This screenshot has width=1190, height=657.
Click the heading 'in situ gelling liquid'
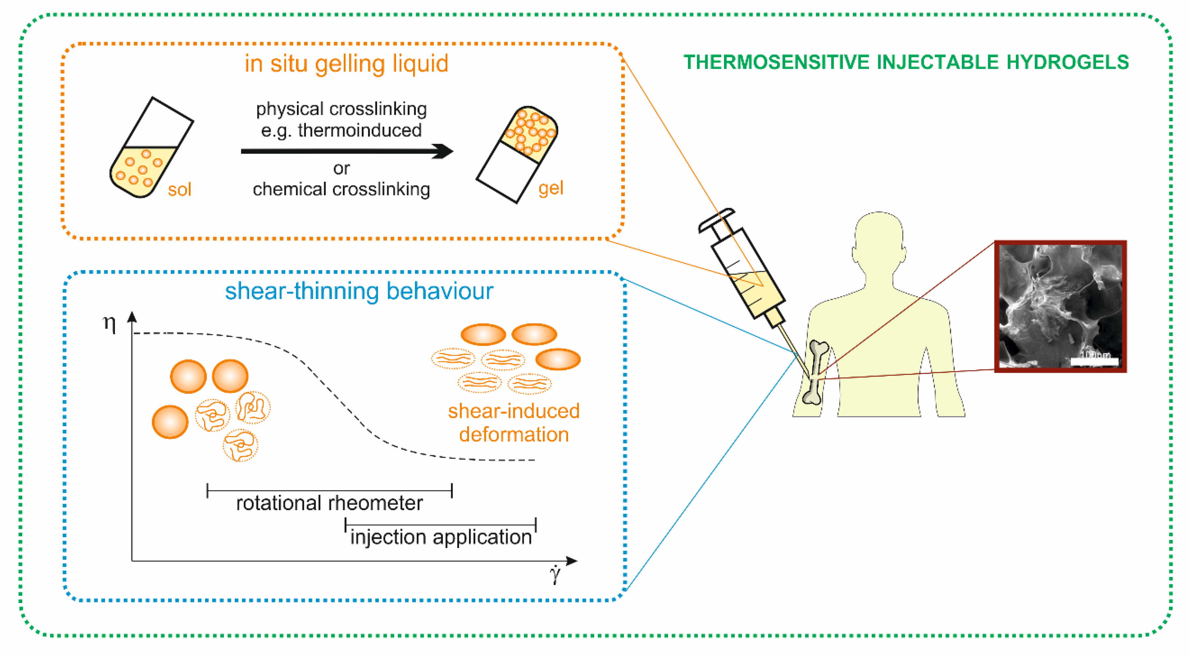click(x=346, y=63)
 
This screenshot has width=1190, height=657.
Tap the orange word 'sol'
click(x=179, y=189)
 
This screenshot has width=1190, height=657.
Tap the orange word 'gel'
click(x=551, y=188)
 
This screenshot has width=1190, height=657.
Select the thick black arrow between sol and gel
click(x=346, y=151)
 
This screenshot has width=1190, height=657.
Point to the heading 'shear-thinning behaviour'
click(x=359, y=291)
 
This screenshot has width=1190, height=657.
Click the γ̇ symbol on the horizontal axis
click(x=555, y=575)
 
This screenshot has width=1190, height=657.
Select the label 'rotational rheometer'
click(x=329, y=503)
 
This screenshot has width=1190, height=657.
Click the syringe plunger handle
click(x=716, y=219)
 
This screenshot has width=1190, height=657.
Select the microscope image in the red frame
click(x=1060, y=306)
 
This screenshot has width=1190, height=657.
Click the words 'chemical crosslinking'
click(x=342, y=189)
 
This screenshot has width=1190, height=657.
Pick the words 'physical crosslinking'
click(x=342, y=109)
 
